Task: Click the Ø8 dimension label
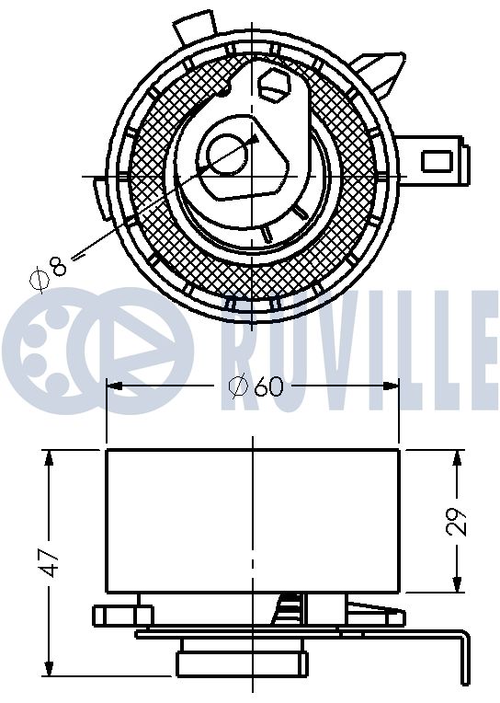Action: click(x=49, y=269)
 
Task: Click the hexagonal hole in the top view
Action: click(x=273, y=86)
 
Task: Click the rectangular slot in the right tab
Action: click(x=434, y=161)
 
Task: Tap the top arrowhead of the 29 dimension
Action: click(x=457, y=455)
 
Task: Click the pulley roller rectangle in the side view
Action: click(x=253, y=520)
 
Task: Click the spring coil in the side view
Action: click(x=288, y=608)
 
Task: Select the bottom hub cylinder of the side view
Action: click(x=242, y=661)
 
